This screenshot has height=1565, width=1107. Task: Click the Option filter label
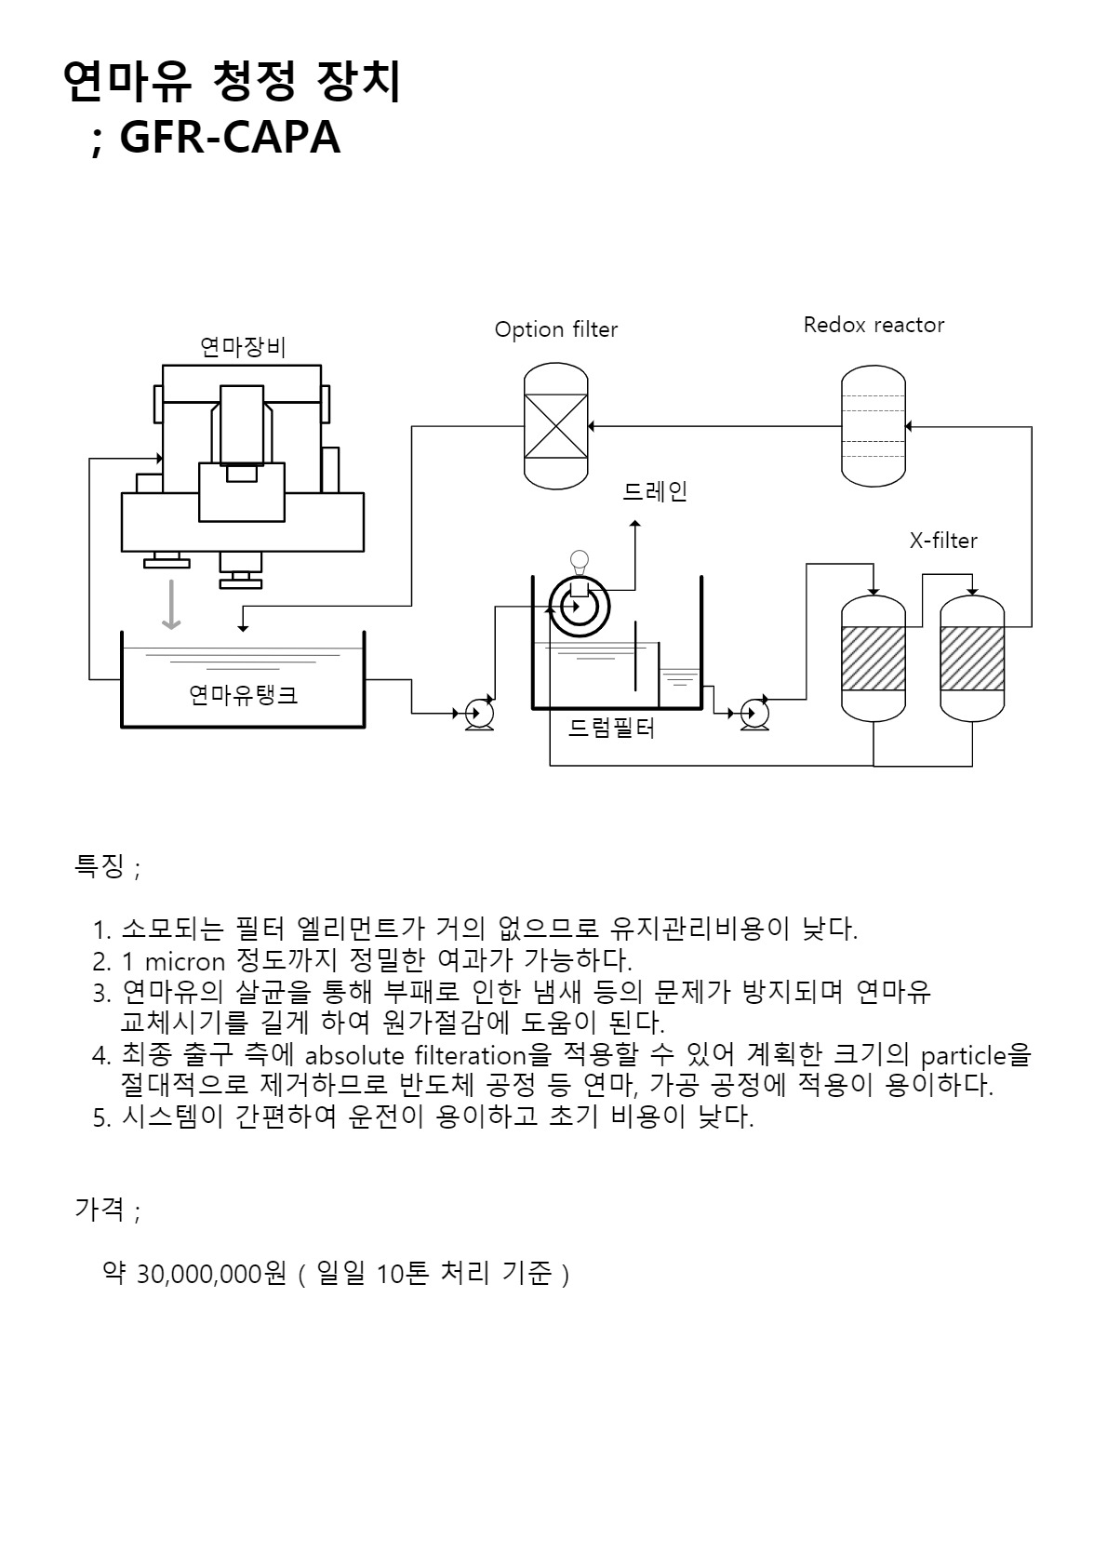[555, 329]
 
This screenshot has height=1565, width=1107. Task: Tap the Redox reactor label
[874, 325]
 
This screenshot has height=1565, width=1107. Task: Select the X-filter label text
[943, 540]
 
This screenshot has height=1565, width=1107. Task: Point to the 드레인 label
[654, 491]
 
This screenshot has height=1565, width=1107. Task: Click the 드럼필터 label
[611, 729]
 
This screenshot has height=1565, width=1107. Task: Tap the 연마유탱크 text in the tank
[243, 694]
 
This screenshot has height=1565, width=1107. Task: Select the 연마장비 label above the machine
[243, 348]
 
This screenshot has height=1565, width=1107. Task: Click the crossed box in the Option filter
[556, 427]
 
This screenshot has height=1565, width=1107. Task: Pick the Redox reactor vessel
[874, 426]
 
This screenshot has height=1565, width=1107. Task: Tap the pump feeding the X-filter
[754, 714]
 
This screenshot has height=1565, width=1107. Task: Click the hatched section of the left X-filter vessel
[873, 659]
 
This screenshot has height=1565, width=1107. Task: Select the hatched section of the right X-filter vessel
[972, 659]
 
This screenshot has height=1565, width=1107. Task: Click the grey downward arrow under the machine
[169, 605]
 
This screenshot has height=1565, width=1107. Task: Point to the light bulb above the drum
[580, 561]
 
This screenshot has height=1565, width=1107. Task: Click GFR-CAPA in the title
[230, 138]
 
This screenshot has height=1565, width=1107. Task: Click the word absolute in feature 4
[355, 1056]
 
